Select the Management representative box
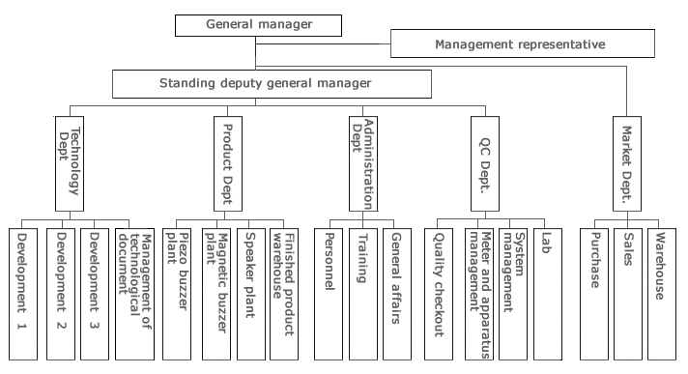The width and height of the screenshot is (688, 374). (519, 44)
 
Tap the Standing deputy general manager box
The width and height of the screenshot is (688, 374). (264, 83)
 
